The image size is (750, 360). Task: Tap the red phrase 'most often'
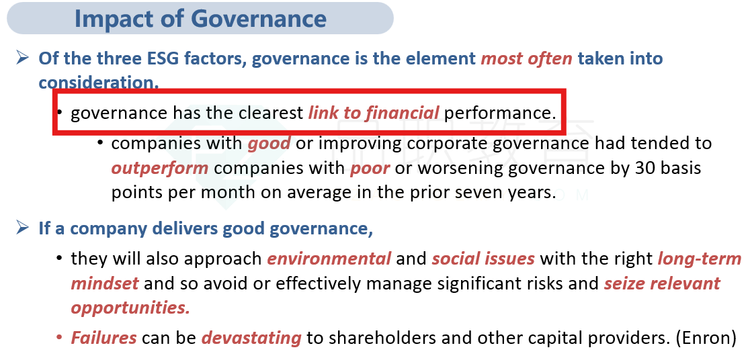click(x=527, y=58)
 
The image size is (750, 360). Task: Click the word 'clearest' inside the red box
click(x=272, y=113)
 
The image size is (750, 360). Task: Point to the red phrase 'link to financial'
click(x=374, y=113)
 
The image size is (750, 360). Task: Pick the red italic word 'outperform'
click(x=160, y=169)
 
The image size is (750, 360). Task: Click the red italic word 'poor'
click(x=370, y=169)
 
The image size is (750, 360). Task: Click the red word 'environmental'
click(x=329, y=259)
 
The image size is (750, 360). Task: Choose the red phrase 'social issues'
click(x=483, y=259)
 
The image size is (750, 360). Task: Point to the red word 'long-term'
click(x=700, y=259)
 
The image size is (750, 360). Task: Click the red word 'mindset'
click(x=105, y=283)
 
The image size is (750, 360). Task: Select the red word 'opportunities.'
click(x=130, y=308)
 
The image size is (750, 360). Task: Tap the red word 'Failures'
click(x=103, y=338)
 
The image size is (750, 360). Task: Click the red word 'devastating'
click(x=251, y=338)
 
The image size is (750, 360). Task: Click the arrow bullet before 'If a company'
click(x=22, y=228)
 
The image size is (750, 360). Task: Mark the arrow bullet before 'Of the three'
click(x=22, y=58)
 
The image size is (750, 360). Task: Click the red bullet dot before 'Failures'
click(x=59, y=338)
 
